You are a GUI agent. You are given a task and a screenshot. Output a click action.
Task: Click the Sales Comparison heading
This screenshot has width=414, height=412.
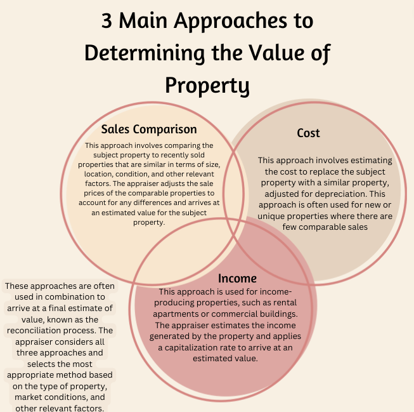(149, 130)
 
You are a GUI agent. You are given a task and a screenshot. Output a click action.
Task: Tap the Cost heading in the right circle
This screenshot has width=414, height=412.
(308, 133)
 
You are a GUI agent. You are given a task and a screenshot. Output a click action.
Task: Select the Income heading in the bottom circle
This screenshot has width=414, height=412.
(237, 278)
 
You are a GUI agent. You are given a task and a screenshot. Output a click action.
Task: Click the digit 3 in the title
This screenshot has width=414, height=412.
(107, 20)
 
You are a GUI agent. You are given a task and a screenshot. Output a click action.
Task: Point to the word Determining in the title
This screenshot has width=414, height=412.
(145, 53)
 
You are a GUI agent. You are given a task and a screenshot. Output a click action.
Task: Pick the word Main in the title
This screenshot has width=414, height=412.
(143, 20)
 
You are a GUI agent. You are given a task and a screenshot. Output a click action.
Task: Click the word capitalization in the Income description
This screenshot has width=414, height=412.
(190, 347)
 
